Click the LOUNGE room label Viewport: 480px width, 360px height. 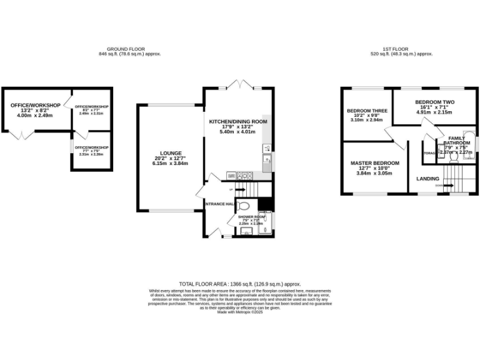tap(170, 153)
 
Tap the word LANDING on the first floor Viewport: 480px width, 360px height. tap(427, 179)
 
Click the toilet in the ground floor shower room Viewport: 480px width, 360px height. tap(244, 205)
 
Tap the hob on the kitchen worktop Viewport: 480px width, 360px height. tap(244, 176)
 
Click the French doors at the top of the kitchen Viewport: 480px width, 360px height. tap(238, 84)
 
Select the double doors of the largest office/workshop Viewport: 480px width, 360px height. tap(22, 135)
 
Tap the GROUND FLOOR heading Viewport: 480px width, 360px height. tap(125, 49)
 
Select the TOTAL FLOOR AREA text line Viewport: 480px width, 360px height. tap(240, 283)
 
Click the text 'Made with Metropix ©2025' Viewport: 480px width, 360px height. tap(240, 312)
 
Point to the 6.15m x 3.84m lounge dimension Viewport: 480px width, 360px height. tap(170, 164)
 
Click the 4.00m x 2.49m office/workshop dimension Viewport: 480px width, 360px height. tap(35, 116)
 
